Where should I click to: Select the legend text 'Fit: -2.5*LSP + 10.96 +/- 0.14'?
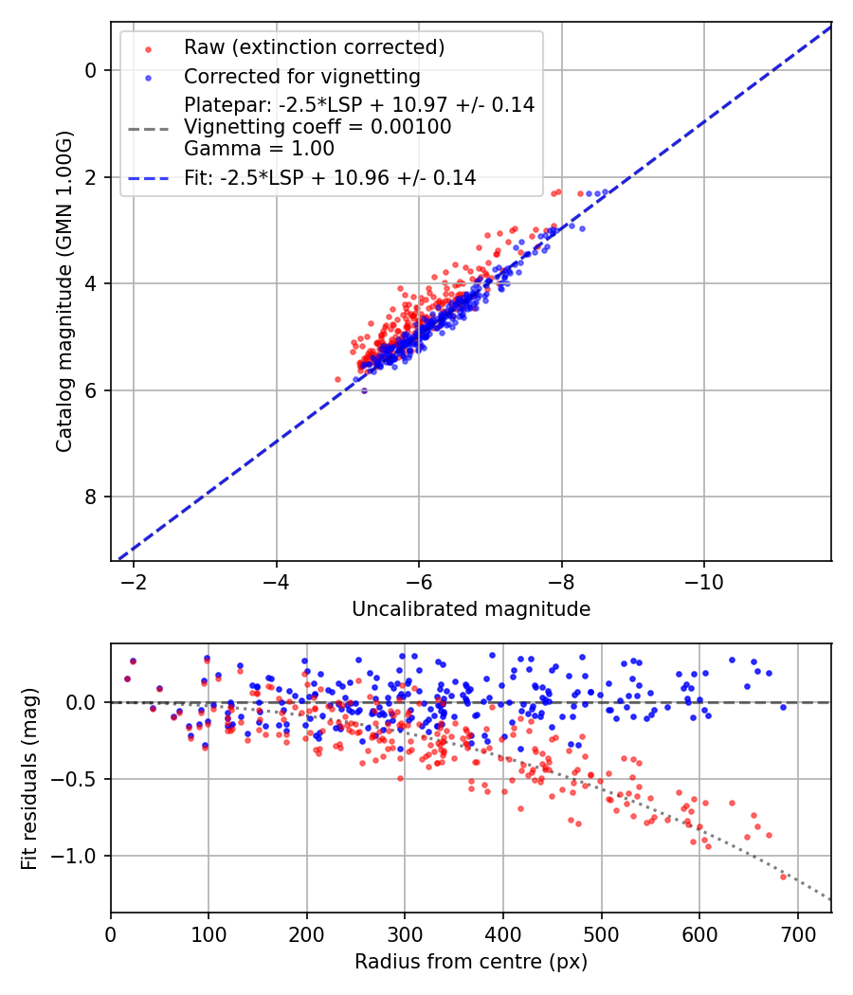[330, 177]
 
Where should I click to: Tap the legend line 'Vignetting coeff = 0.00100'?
[318, 127]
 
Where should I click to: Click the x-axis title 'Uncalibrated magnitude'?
[471, 609]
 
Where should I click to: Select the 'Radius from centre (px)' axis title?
[471, 962]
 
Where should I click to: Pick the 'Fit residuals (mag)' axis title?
[29, 779]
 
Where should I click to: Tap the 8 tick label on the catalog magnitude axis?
[91, 497]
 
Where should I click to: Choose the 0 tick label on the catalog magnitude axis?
[91, 71]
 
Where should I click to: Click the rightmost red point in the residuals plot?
[784, 877]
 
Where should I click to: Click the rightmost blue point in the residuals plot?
[784, 707]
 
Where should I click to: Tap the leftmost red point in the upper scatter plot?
[337, 379]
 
